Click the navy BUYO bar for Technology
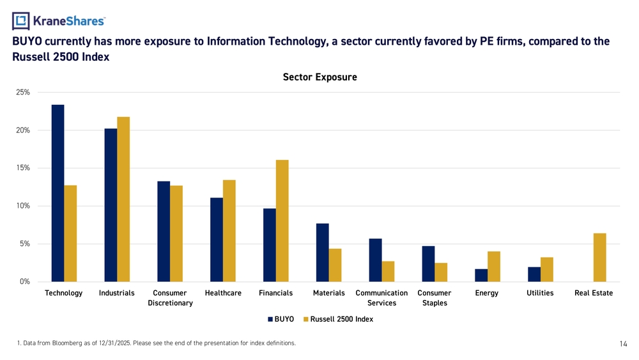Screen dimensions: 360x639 58,193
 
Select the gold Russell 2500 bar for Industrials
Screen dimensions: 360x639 123,200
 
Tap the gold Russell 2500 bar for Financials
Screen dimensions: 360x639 282,221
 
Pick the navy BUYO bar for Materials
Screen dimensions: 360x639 322,253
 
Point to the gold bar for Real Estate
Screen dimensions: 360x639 599,258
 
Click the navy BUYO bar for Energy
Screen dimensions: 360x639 481,276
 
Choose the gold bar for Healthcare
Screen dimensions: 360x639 229,231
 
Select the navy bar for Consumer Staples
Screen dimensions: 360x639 428,264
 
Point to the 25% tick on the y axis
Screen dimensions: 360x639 22,93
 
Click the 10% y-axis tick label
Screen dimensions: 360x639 22,206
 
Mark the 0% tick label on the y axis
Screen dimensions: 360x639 24,282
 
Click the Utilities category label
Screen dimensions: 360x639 540,293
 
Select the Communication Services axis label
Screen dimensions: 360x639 381,298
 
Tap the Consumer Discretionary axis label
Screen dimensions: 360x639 170,298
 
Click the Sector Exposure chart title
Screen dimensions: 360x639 319,77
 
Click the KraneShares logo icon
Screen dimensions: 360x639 21,21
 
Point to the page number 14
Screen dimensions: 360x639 624,344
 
